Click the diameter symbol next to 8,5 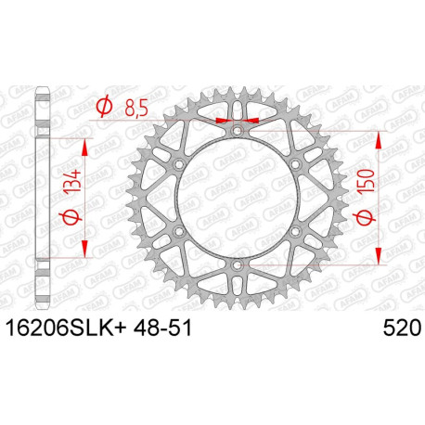coord(105,109)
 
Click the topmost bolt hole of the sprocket coord(237,131)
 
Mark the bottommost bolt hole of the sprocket coord(237,265)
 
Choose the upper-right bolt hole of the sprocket coord(295,164)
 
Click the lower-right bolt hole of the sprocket coord(295,232)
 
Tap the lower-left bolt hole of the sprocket coord(178,232)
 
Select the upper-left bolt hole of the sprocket coord(178,164)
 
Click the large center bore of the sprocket coord(237,198)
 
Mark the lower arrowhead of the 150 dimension coord(380,258)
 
